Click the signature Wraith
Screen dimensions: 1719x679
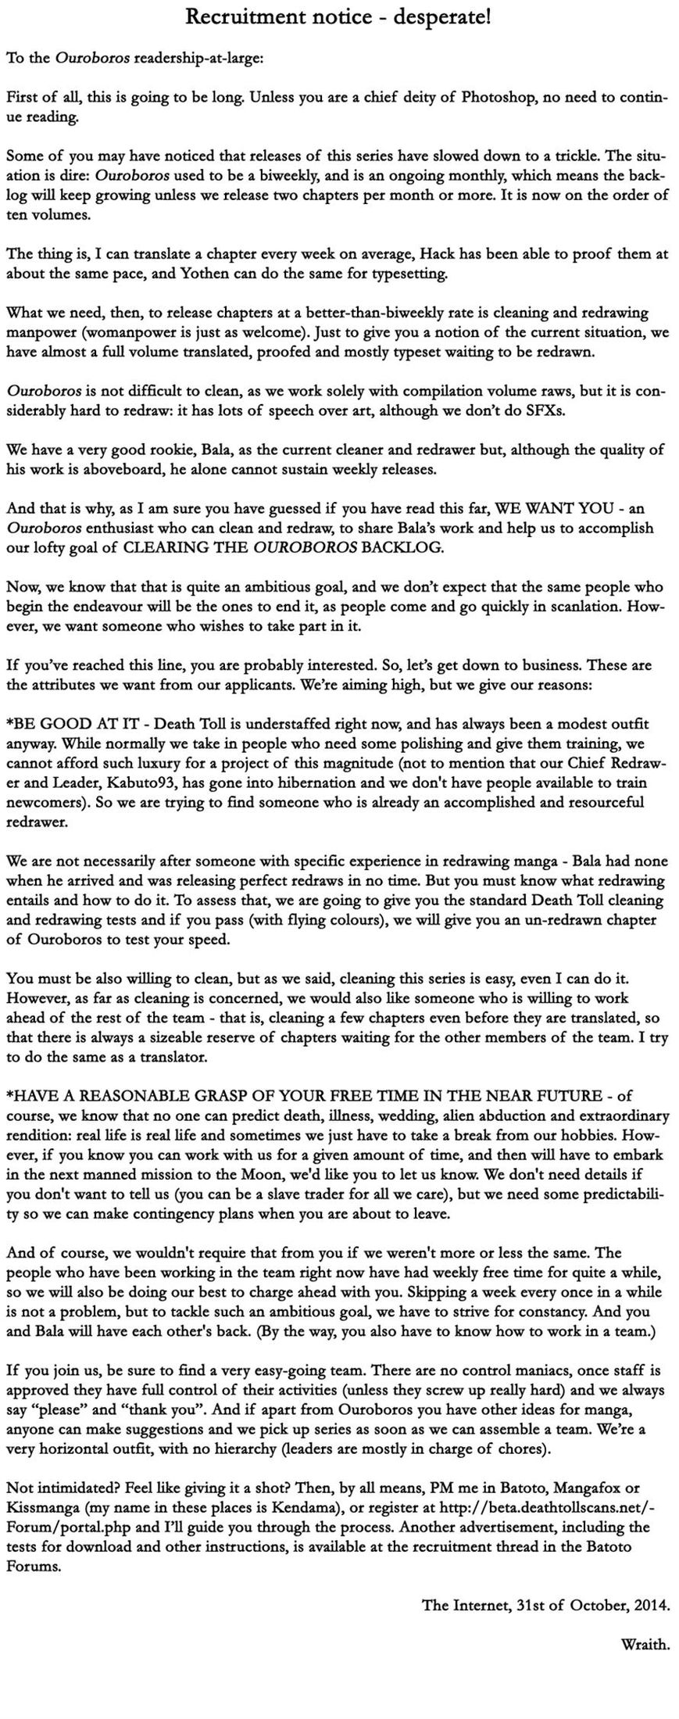[645, 1644]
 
